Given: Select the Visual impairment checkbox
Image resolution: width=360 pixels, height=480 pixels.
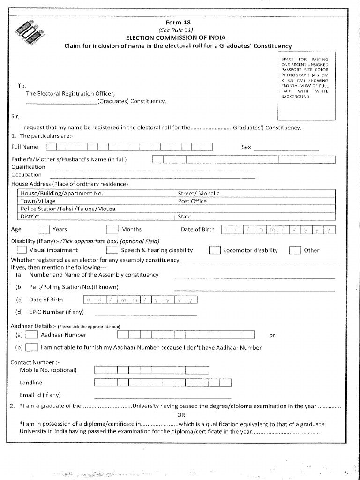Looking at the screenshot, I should tap(22, 250).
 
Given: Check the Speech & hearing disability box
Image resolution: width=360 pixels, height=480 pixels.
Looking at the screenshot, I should tap(112, 250).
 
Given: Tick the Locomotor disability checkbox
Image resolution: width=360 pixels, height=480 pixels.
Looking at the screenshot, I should tap(215, 250).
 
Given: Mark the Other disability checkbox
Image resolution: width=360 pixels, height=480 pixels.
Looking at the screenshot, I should tap(295, 250).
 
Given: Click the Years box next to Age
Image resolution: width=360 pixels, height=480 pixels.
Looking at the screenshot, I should tap(44, 229).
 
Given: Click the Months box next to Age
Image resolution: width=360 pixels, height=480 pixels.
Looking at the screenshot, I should tap(112, 229).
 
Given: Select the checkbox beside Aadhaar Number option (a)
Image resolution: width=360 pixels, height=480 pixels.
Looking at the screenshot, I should tap(32, 335).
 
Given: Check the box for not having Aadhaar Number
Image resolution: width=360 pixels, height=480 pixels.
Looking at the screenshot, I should tap(32, 347).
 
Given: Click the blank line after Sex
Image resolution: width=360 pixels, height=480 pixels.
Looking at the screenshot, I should tap(286, 148).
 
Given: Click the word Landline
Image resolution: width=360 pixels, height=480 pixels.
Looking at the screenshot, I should tap(31, 382).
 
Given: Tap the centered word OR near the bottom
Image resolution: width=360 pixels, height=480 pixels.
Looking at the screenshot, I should tap(181, 415).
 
